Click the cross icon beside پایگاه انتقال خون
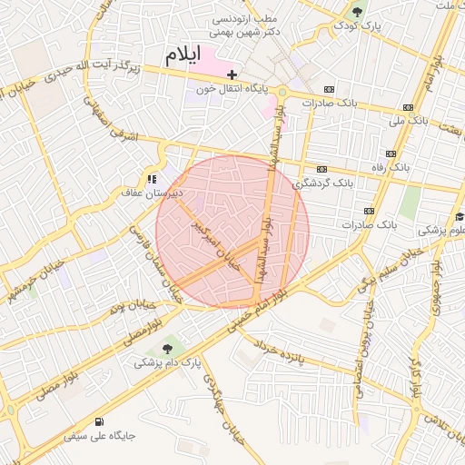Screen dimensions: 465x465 pyautogui.click(x=232, y=74)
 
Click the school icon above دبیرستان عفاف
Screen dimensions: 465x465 pyautogui.click(x=152, y=178)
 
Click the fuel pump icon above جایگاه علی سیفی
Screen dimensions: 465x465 pyautogui.click(x=99, y=421)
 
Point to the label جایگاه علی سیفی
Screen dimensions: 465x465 pyautogui.click(x=99, y=436)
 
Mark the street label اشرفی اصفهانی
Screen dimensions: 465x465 pyautogui.click(x=133, y=129)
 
